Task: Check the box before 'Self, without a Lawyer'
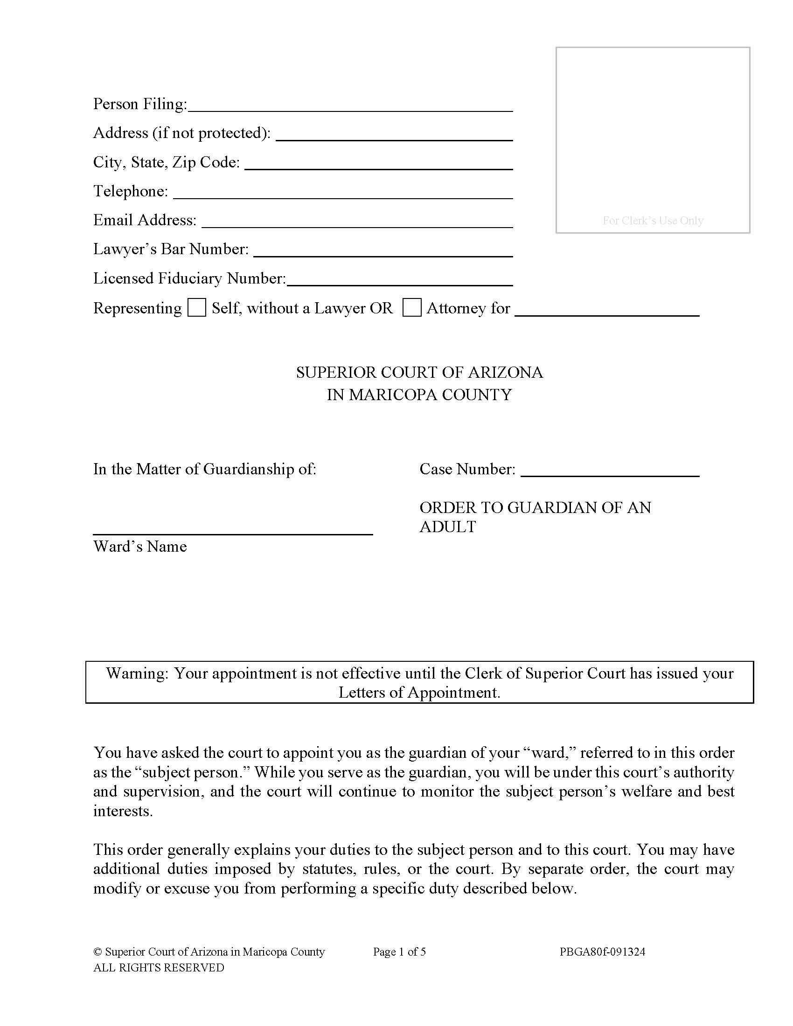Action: click(196, 308)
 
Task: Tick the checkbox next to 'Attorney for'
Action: click(411, 308)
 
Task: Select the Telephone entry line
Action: click(342, 193)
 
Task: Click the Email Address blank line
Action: click(356, 222)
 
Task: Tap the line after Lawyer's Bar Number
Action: click(383, 251)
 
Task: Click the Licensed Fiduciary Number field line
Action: click(399, 280)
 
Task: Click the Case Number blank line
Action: click(610, 471)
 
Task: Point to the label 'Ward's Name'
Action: click(140, 547)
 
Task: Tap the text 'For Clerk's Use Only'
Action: click(653, 220)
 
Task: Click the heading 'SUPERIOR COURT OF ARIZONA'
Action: click(419, 373)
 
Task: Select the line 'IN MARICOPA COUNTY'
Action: click(419, 395)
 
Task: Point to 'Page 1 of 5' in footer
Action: click(399, 952)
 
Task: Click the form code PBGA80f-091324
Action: click(602, 952)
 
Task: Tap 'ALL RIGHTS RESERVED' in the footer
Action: click(158, 968)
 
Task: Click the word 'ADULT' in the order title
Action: click(447, 527)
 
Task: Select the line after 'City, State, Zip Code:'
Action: click(378, 164)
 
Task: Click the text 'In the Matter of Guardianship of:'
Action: click(204, 469)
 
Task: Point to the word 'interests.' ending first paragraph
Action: click(123, 811)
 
